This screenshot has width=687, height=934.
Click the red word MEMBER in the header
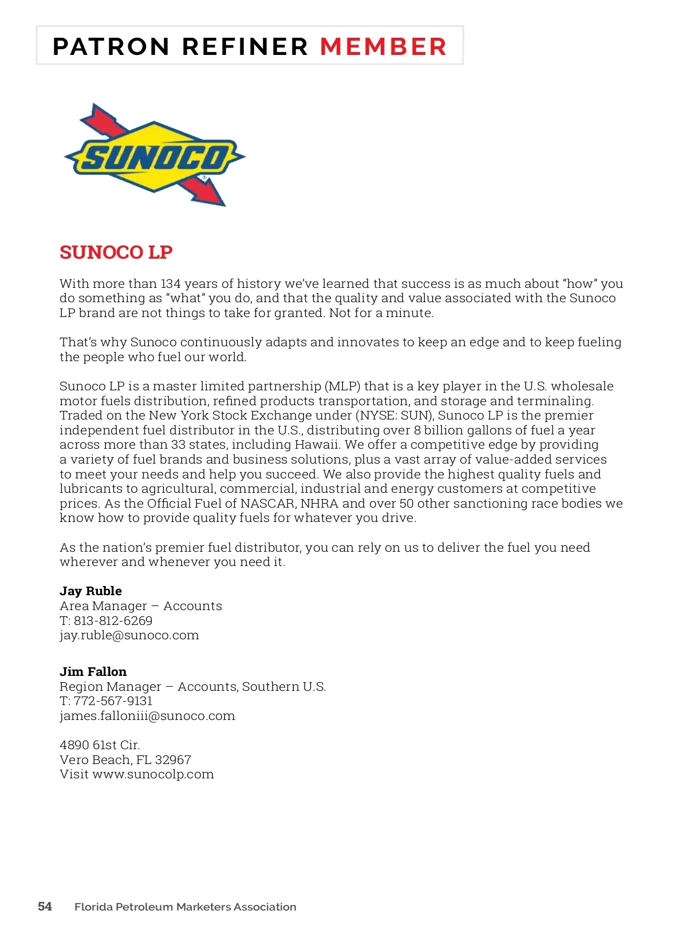(383, 47)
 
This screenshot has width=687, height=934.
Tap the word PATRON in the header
(111, 47)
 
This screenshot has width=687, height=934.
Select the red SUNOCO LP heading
(116, 252)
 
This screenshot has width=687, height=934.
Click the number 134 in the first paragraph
(171, 284)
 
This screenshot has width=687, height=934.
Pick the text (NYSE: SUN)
(396, 415)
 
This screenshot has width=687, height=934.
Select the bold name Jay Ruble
(90, 591)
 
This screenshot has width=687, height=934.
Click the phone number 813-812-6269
(113, 621)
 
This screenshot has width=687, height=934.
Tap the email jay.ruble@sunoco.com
(129, 635)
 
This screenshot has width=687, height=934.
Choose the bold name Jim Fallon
(93, 672)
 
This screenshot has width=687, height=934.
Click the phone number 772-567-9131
(113, 701)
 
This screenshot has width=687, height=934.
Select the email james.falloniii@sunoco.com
(147, 716)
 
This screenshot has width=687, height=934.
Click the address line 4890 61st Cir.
(100, 745)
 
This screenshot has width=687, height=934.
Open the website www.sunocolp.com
(153, 774)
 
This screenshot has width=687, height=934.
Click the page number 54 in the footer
(45, 907)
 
